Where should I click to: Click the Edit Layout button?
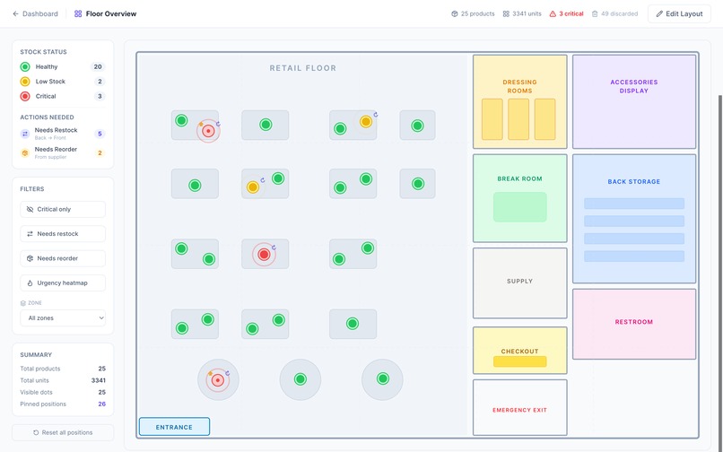tap(679, 13)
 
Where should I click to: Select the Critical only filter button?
tap(63, 209)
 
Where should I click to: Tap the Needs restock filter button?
tap(63, 234)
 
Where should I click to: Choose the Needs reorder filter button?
tap(63, 258)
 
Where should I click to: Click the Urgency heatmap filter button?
tap(63, 283)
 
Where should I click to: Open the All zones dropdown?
tap(63, 317)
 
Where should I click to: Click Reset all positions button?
tap(63, 432)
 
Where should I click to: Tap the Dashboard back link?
tap(35, 13)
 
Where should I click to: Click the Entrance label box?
tap(174, 427)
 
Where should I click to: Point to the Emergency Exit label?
tap(519, 410)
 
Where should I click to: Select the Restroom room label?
tap(634, 322)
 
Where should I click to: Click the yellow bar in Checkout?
tap(519, 361)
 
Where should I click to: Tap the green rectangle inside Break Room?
tap(519, 207)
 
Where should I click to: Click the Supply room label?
tap(519, 281)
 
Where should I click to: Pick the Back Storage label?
tap(634, 182)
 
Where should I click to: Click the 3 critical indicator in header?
tap(566, 13)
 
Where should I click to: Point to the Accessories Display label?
tap(634, 86)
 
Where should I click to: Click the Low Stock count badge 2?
tap(100, 82)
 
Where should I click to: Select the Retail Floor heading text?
tap(303, 68)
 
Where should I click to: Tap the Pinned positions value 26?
tap(102, 404)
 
